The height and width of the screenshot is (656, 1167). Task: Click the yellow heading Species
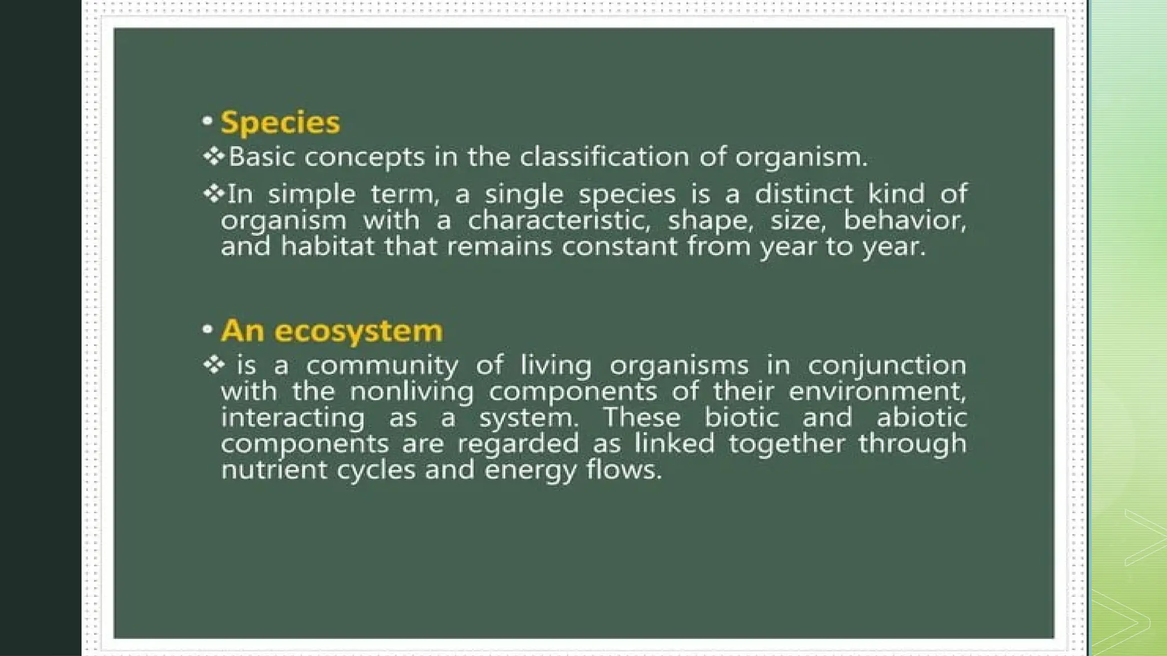(280, 122)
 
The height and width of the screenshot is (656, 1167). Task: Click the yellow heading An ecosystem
(332, 331)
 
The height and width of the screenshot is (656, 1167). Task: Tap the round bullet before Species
(207, 121)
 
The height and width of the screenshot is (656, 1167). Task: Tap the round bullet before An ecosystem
(207, 329)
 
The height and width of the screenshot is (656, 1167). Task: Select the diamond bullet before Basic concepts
(214, 156)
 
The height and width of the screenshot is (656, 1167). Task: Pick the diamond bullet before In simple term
(214, 194)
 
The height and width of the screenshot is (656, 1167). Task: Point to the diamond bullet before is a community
(214, 364)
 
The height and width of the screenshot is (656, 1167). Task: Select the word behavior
(905, 220)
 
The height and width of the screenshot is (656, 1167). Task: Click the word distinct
(804, 194)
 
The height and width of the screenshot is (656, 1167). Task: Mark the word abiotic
(921, 417)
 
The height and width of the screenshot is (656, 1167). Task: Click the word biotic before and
(741, 417)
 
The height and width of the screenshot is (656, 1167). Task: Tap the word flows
(624, 470)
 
